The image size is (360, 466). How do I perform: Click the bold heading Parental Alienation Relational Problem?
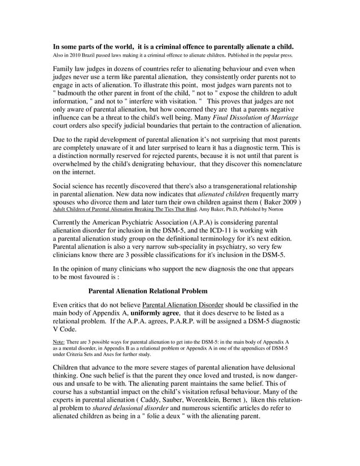148,291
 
